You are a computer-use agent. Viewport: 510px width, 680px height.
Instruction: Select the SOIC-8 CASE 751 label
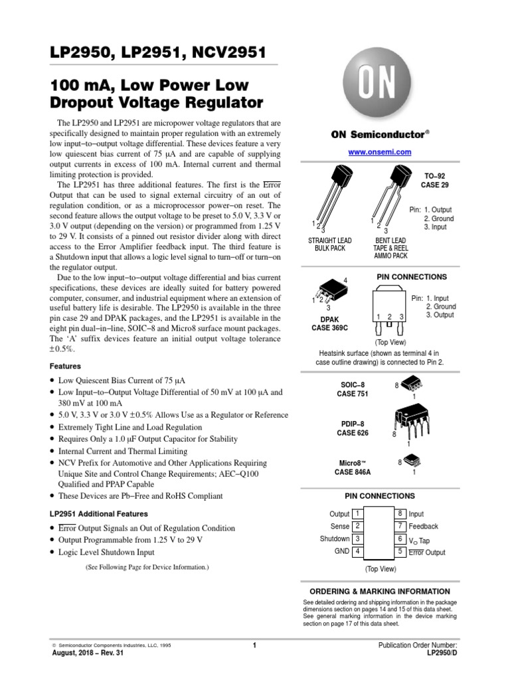coord(353,389)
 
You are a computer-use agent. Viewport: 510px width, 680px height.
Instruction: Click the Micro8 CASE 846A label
coord(353,467)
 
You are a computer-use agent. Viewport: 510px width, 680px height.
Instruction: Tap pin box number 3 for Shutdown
coord(357,539)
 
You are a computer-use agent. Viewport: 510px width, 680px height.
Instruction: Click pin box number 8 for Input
coord(400,513)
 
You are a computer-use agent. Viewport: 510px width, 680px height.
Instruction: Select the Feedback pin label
coord(423,526)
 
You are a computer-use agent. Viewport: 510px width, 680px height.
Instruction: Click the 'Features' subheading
coord(66,366)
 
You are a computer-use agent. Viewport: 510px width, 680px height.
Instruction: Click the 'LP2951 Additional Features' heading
coord(99,513)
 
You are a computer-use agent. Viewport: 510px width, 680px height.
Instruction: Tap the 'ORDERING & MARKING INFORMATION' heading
coord(380,591)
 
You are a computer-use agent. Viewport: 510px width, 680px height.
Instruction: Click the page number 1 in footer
coord(254,645)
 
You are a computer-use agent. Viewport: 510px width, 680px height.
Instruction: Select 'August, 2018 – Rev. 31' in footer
coord(87,653)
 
